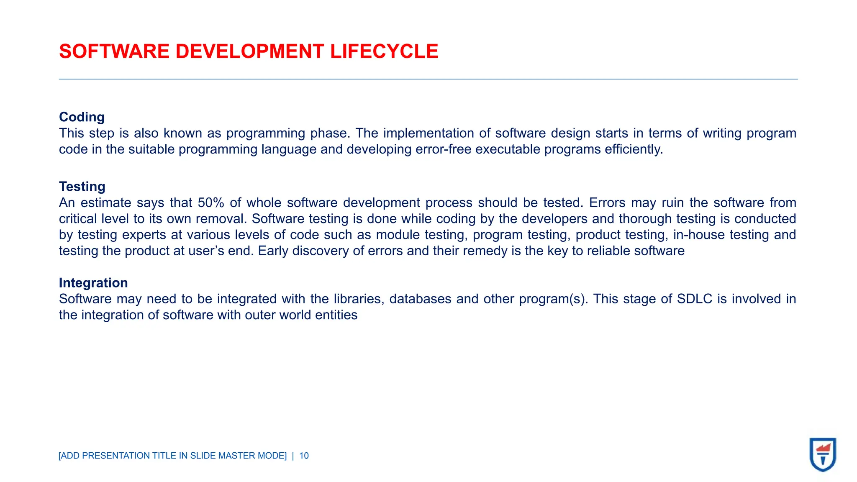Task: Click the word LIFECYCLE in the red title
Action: [x=384, y=51]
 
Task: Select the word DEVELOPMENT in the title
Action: [x=249, y=51]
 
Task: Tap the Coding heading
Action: [x=82, y=117]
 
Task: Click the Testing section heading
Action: [x=82, y=187]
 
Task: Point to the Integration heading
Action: [x=93, y=283]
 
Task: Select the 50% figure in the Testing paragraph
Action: [x=211, y=203]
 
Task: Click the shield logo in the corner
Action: [x=823, y=454]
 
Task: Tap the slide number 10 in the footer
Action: [x=304, y=456]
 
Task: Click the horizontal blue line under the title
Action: [x=428, y=79]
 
